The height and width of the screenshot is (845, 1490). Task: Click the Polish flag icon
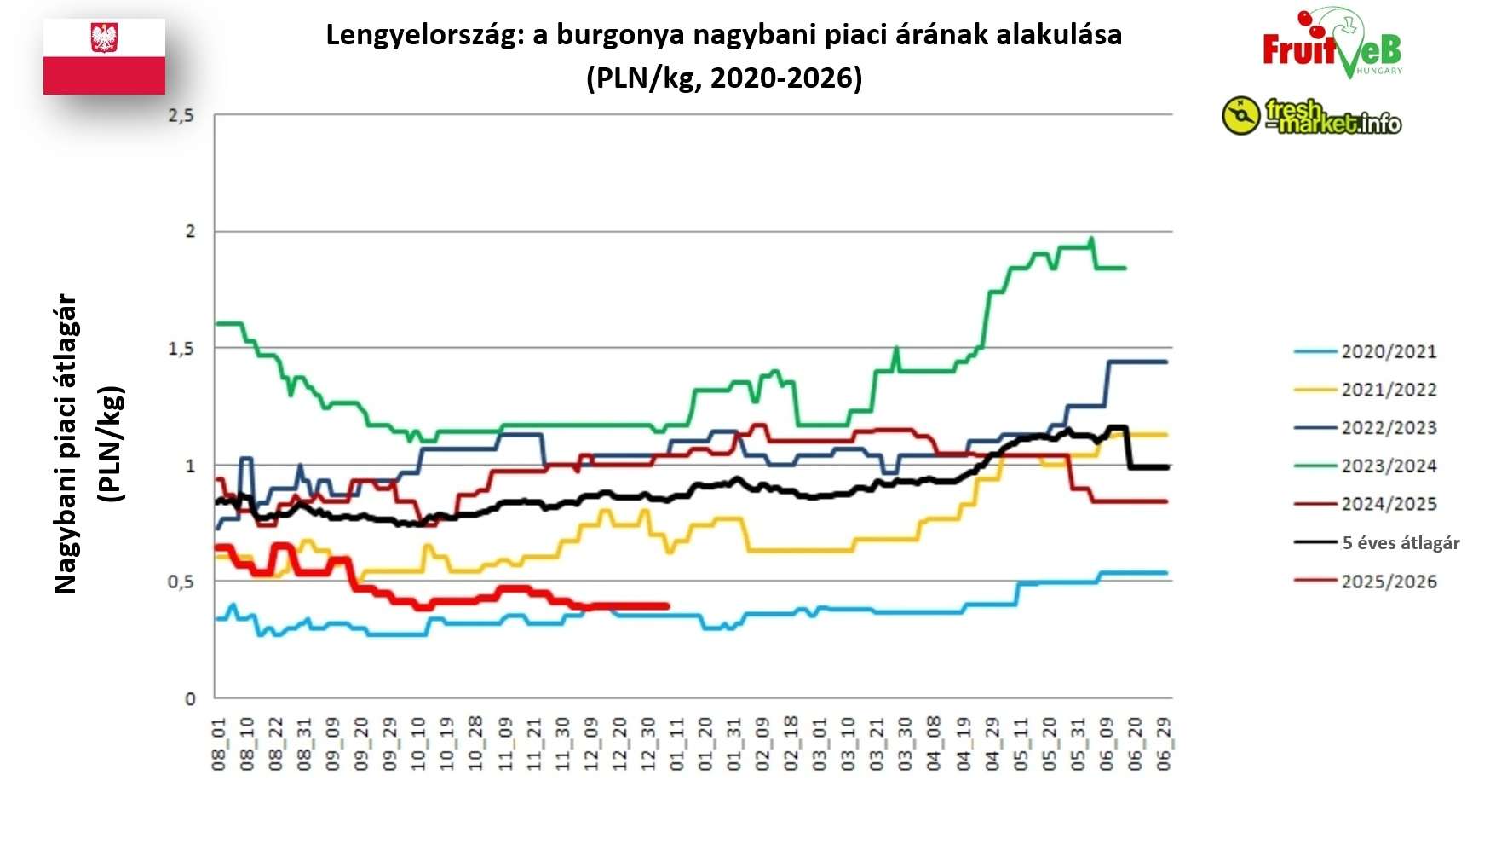(x=104, y=56)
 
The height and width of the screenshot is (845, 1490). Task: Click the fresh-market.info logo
(x=1312, y=117)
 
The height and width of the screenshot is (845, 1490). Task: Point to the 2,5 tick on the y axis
(x=181, y=115)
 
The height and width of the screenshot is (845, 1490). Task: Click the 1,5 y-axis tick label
(x=181, y=349)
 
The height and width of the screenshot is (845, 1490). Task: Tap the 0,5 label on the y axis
(x=181, y=582)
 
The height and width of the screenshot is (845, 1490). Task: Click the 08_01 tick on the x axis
(x=219, y=744)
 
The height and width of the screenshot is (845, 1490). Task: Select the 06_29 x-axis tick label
(x=1164, y=744)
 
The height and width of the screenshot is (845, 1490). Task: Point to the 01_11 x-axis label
(x=676, y=744)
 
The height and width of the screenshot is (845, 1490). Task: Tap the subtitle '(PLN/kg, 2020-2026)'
(x=723, y=78)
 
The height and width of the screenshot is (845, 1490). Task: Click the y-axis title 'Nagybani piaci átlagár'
(x=66, y=443)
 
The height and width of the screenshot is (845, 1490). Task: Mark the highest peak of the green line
(x=1091, y=239)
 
